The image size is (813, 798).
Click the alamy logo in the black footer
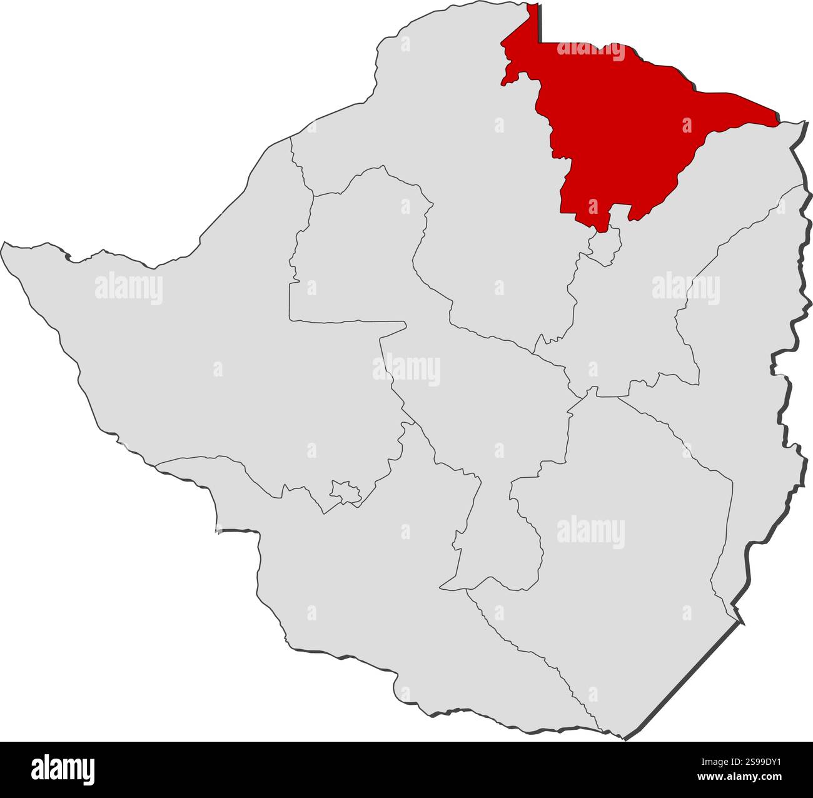point(63,769)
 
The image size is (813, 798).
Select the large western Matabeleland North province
point(188,350)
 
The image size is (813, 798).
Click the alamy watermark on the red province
point(590,50)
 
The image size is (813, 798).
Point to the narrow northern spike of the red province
point(533,25)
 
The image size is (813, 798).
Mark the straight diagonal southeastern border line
point(682,682)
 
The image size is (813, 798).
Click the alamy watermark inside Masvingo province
point(590,532)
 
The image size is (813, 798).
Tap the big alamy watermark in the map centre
point(406,370)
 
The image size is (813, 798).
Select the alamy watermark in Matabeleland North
point(129,289)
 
